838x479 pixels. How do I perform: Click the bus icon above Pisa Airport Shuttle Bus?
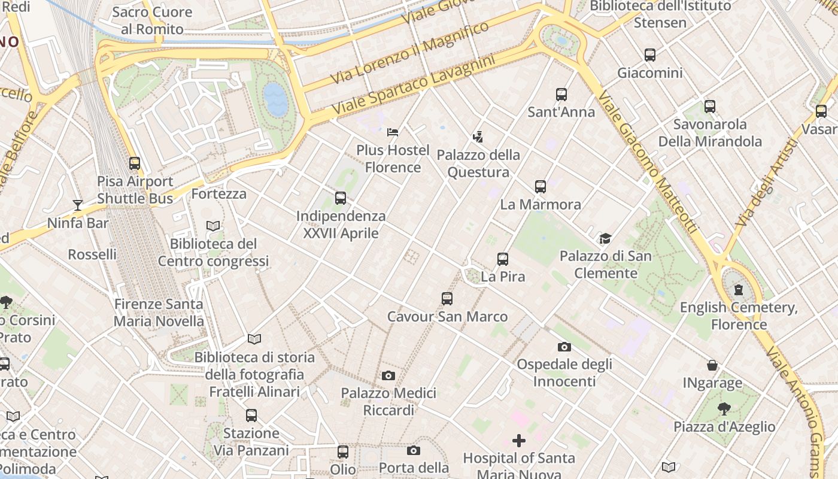point(135,163)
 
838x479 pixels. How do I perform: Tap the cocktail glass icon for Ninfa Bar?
point(77,205)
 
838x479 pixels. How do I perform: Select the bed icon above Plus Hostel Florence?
point(393,132)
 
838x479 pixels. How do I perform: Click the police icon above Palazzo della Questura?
point(478,137)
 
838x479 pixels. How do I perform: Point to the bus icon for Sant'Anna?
point(561,94)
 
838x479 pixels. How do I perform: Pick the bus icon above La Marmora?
point(541,186)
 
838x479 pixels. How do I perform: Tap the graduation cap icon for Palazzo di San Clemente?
point(605,238)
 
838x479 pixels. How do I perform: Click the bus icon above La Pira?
point(503,259)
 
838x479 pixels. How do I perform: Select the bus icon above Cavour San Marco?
point(447,299)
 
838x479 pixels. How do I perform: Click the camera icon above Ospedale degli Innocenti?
point(564,347)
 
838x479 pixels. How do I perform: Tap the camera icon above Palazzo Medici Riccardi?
point(388,376)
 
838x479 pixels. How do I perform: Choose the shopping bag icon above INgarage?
point(712,365)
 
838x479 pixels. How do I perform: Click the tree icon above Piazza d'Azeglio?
point(724,409)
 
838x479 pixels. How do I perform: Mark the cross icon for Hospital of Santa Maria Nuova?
point(519,441)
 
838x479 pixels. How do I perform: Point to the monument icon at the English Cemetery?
point(739,290)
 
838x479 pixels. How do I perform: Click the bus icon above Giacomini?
point(650,55)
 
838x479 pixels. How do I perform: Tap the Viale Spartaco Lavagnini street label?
point(414,85)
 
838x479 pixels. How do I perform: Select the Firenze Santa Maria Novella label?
point(159,313)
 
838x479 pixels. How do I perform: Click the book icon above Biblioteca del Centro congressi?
point(213,226)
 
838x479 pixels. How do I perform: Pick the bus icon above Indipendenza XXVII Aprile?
point(341,198)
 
